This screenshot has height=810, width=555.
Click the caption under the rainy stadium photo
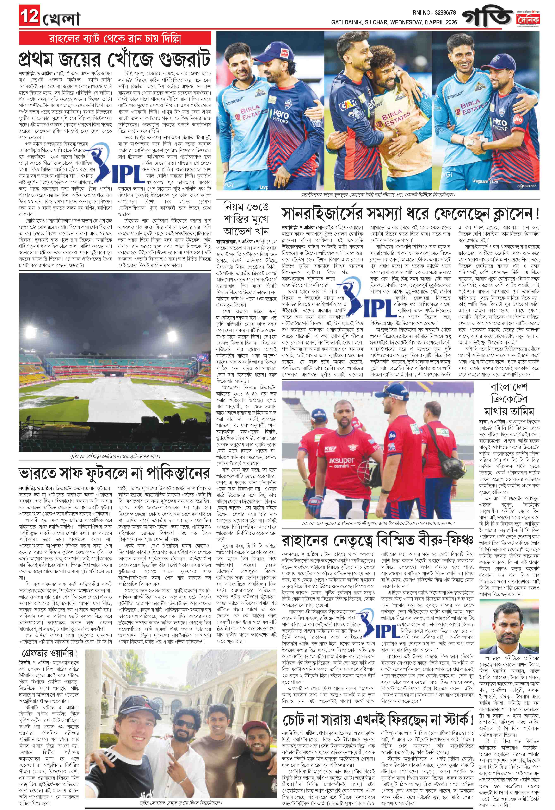click(x=115, y=456)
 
